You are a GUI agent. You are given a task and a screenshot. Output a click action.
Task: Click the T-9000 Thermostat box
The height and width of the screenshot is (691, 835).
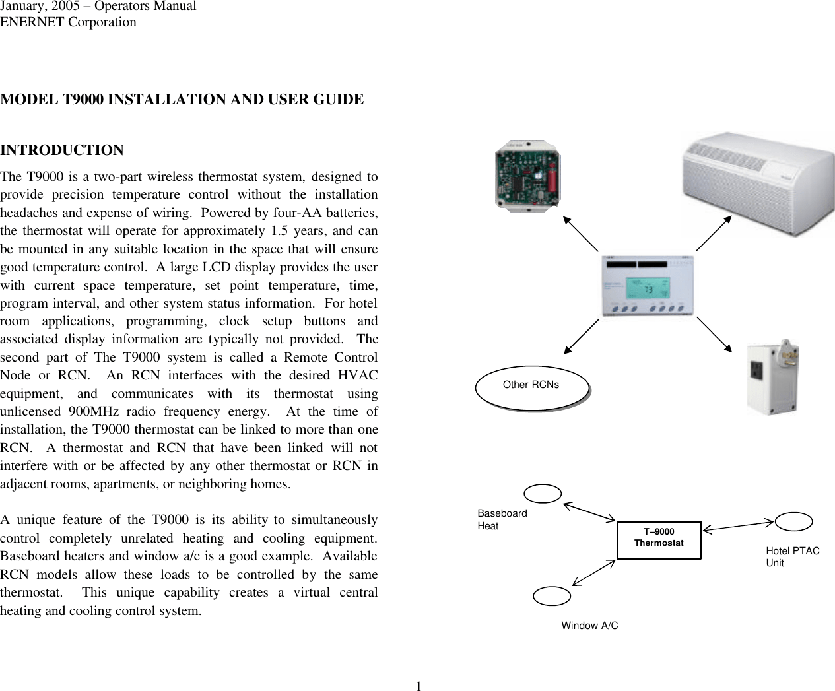pyautogui.click(x=659, y=539)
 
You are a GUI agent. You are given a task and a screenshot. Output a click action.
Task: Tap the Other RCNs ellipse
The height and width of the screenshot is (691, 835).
pyautogui.click(x=531, y=386)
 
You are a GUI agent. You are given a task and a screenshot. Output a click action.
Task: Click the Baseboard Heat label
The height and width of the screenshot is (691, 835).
pyautogui.click(x=502, y=519)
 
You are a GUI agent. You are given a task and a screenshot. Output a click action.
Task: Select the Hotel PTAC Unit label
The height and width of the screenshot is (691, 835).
pyautogui.click(x=792, y=556)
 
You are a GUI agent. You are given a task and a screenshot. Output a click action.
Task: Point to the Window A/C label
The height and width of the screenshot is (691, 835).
pyautogui.click(x=589, y=625)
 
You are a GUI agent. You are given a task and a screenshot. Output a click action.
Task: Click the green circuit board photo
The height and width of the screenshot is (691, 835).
pyautogui.click(x=529, y=176)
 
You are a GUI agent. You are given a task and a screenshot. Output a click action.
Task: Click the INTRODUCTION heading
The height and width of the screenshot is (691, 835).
pyautogui.click(x=62, y=150)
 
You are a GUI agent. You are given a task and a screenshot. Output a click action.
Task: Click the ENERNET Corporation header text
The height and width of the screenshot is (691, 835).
pyautogui.click(x=68, y=22)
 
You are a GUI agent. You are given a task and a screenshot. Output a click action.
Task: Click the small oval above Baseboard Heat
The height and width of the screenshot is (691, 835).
pyautogui.click(x=543, y=493)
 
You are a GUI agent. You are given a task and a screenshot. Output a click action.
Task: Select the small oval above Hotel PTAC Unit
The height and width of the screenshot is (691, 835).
pyautogui.click(x=793, y=521)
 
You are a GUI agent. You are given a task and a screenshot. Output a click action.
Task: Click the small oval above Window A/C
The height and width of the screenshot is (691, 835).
pyautogui.click(x=552, y=596)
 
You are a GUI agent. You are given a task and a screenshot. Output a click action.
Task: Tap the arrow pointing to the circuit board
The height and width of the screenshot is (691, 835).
pyautogui.click(x=580, y=232)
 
